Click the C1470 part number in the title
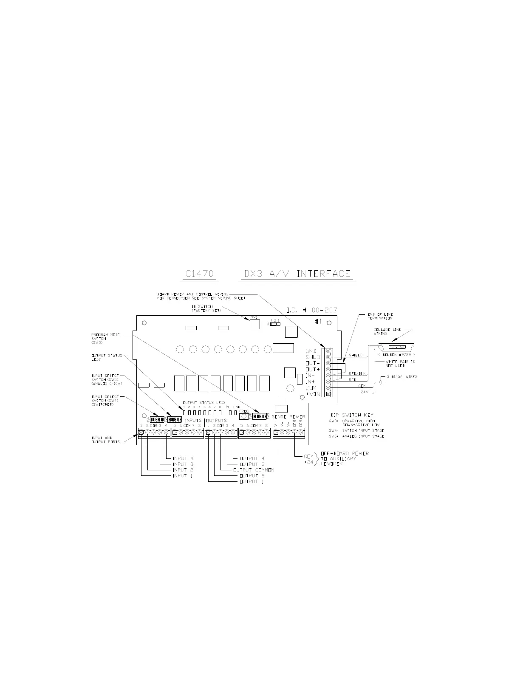click(x=199, y=274)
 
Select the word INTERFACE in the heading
click(x=324, y=274)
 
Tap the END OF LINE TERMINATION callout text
click(x=380, y=316)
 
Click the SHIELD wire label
click(x=356, y=355)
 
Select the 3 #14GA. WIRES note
click(x=401, y=377)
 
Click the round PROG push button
click(x=244, y=417)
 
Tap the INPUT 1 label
click(x=183, y=476)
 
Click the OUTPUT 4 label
click(x=252, y=458)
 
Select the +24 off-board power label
click(x=308, y=462)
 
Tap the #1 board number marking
click(x=318, y=322)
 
